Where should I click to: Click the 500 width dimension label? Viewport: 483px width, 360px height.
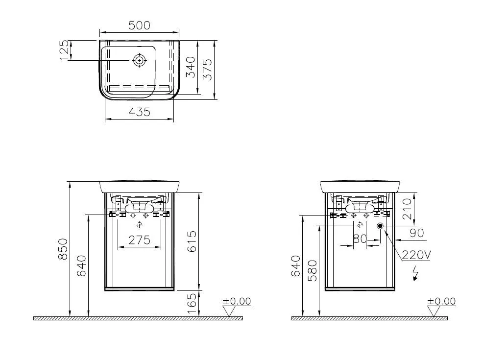click(140, 25)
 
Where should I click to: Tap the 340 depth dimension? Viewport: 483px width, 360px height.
click(191, 67)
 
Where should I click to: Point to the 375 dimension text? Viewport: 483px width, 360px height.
click(208, 70)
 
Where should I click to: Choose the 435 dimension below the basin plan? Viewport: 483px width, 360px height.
click(140, 112)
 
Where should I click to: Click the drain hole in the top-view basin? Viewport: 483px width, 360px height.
click(140, 60)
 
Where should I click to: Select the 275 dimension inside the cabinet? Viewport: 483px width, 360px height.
click(140, 240)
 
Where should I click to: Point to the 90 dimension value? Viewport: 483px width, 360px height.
click(416, 233)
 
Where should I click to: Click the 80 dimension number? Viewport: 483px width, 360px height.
click(360, 239)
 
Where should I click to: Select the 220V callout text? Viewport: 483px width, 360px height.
click(416, 255)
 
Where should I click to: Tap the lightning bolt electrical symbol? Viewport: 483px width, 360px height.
click(416, 273)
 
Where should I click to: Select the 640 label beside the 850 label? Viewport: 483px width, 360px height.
click(81, 266)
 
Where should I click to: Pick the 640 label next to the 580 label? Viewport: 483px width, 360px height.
click(296, 266)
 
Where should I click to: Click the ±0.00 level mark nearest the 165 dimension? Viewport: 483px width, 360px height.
click(237, 302)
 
